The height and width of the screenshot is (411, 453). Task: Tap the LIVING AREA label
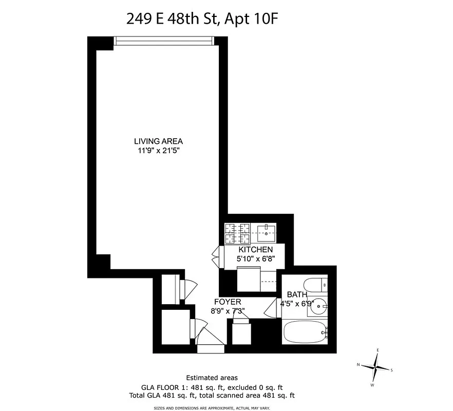(x=158, y=141)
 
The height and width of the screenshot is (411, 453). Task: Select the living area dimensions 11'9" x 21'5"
(x=158, y=151)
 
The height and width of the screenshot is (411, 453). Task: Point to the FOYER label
(x=228, y=302)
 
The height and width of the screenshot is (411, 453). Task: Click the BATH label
(x=297, y=294)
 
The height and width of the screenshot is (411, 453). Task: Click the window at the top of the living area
(x=163, y=41)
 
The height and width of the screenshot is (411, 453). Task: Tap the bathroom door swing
(x=271, y=308)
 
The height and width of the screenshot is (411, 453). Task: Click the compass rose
(x=377, y=367)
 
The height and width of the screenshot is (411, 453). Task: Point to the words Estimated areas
(x=212, y=378)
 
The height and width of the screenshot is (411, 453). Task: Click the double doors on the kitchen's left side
(x=216, y=255)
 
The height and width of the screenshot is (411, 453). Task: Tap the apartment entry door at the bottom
(x=211, y=348)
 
